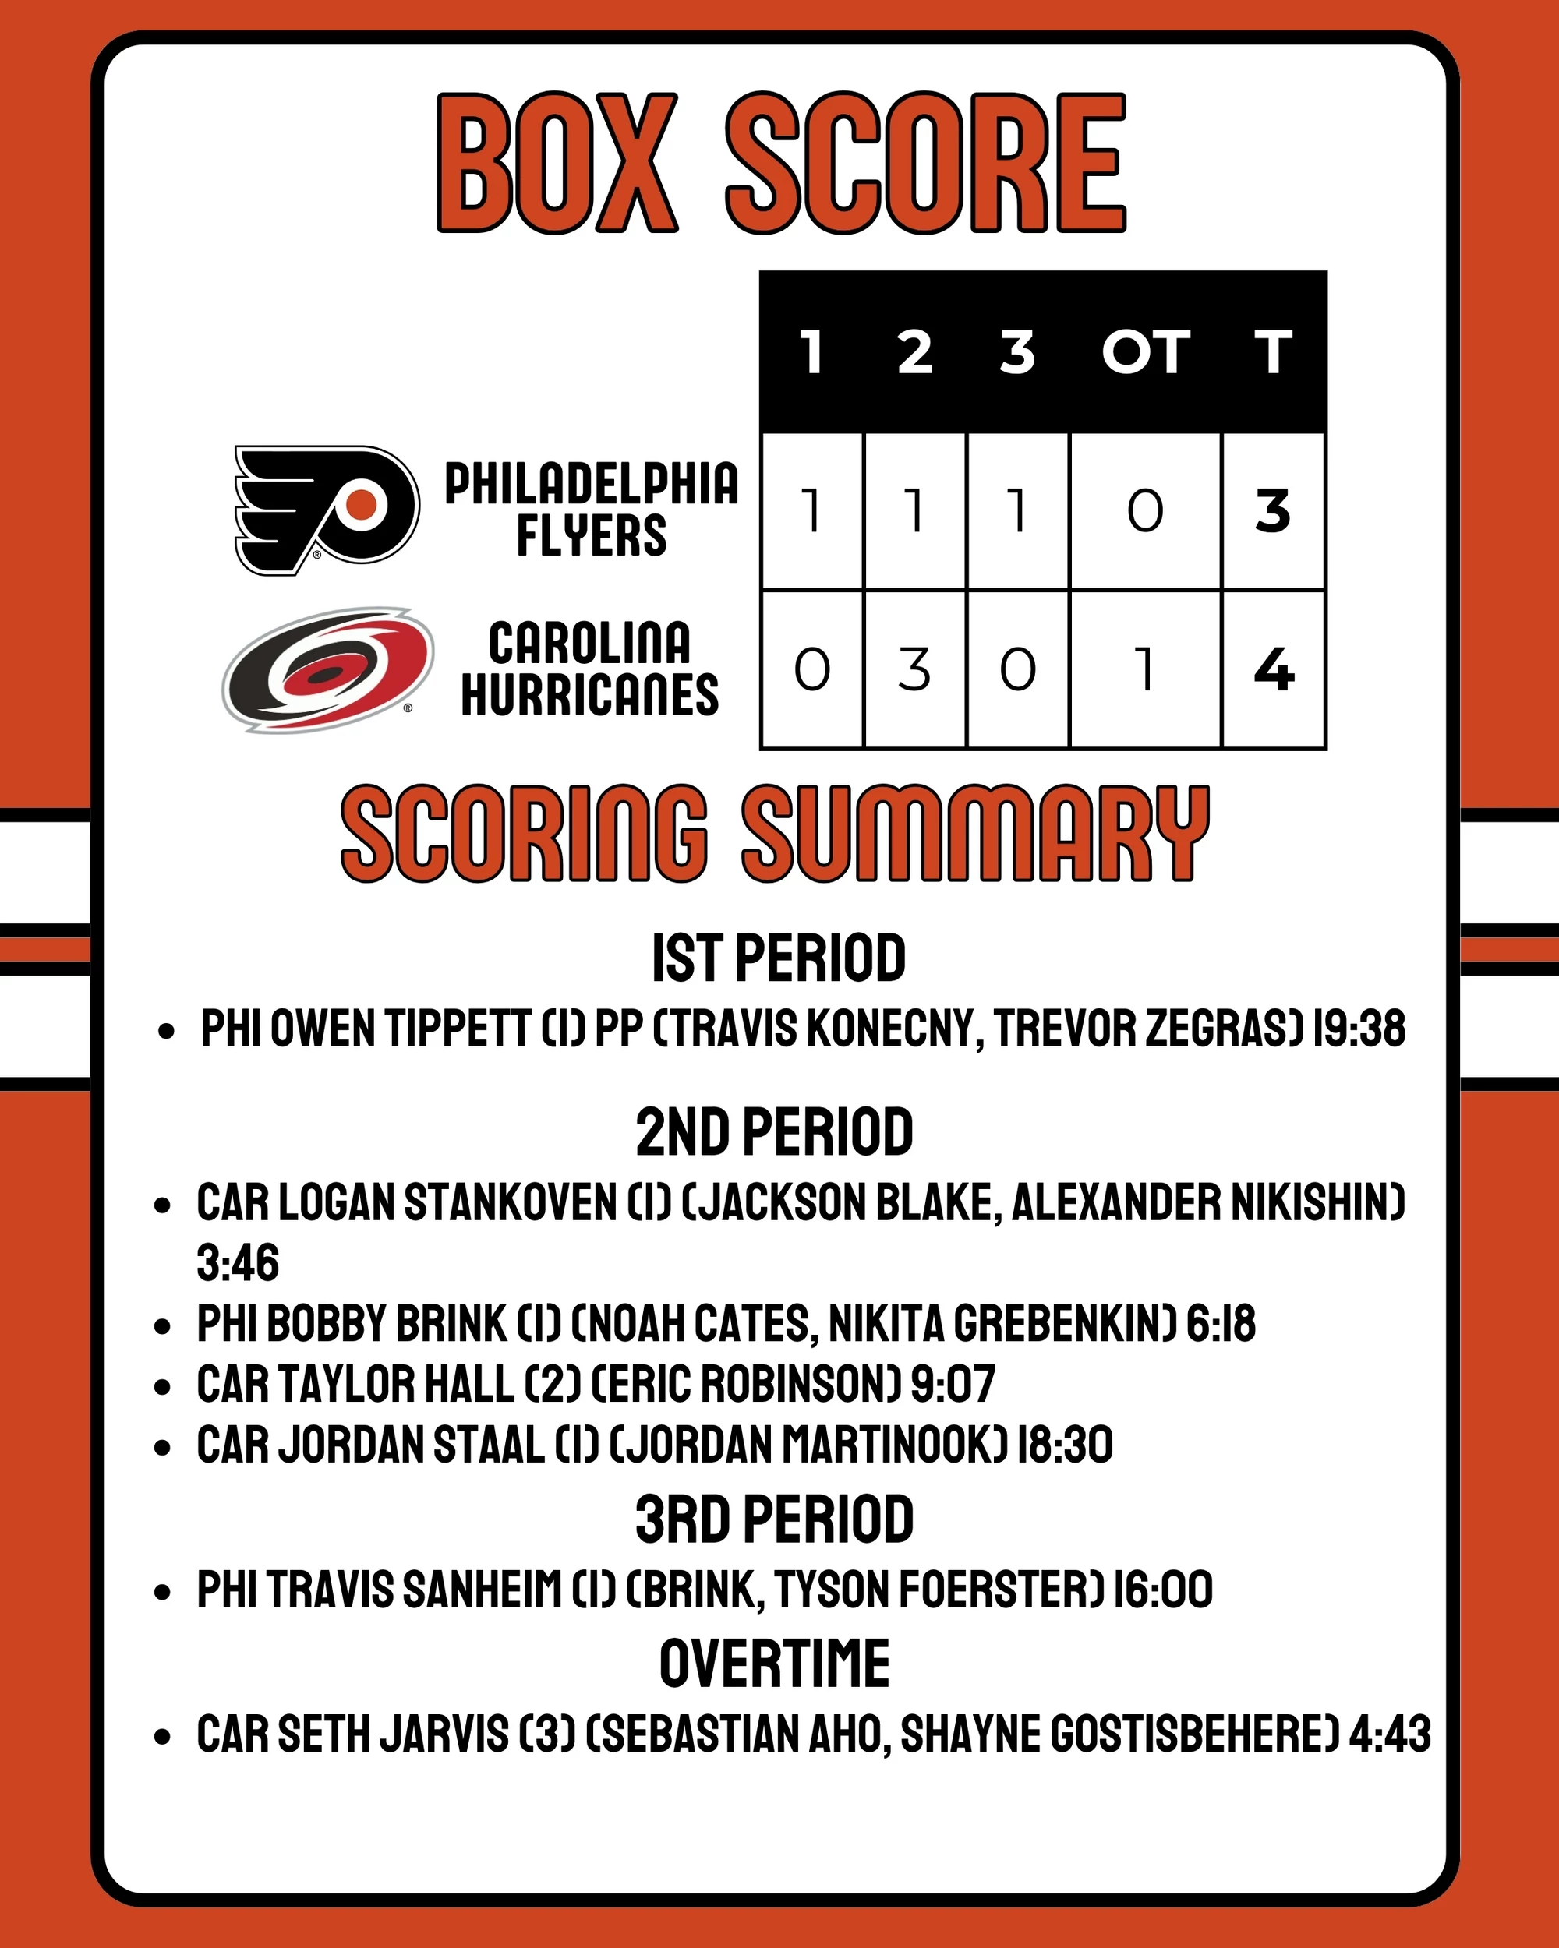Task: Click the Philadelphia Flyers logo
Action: tap(327, 510)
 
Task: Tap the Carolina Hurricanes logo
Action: tap(328, 669)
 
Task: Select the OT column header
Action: tap(1145, 351)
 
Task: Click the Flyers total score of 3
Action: tap(1272, 511)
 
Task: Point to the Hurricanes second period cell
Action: tap(914, 670)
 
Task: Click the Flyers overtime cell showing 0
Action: tap(1145, 511)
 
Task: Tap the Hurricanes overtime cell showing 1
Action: tap(1145, 670)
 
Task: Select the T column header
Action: tap(1272, 351)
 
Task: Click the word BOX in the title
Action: tap(557, 163)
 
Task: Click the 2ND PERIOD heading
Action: tap(775, 1131)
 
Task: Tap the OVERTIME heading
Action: tap(775, 1664)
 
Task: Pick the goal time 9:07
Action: tap(953, 1384)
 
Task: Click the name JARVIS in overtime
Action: tap(444, 1734)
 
